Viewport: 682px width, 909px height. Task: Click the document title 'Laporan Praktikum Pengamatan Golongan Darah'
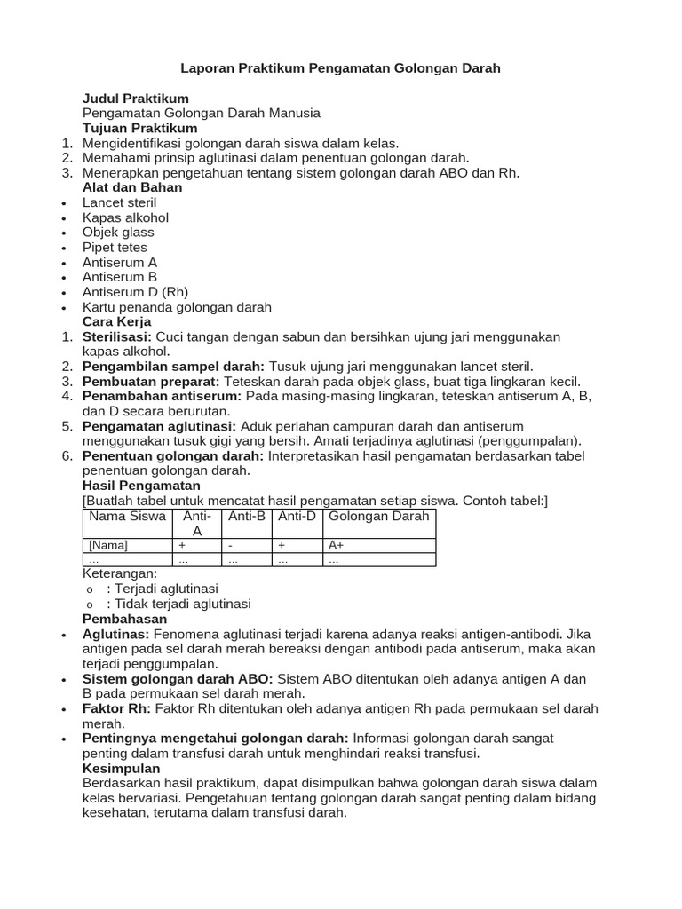click(341, 67)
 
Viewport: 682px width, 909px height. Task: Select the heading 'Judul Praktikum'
click(135, 98)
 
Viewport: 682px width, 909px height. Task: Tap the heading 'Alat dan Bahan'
click(132, 187)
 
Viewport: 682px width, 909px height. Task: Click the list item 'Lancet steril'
click(119, 202)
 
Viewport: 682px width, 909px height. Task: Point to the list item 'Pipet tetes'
click(115, 248)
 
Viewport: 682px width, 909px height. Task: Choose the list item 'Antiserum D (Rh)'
click(135, 292)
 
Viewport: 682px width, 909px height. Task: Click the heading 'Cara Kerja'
click(116, 321)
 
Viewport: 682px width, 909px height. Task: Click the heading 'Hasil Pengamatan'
click(141, 486)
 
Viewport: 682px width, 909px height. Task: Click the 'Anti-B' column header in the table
click(247, 517)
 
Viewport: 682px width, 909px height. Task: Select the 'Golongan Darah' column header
click(379, 517)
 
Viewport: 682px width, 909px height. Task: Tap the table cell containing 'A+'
click(337, 545)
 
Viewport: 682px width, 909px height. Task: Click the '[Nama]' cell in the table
click(108, 545)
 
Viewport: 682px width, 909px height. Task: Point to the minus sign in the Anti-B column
click(230, 545)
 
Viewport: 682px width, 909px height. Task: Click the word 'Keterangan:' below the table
click(119, 574)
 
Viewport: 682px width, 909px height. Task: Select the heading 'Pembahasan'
click(124, 619)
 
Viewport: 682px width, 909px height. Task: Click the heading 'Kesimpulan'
click(122, 768)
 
